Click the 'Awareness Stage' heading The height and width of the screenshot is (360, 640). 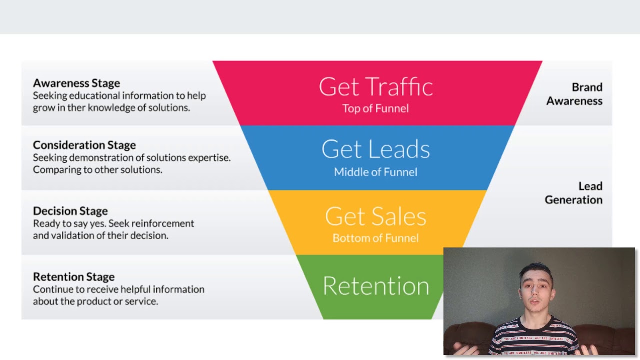point(76,83)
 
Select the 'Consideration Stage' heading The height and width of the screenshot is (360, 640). point(84,145)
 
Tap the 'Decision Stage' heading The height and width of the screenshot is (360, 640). point(70,211)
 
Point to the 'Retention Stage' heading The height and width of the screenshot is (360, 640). point(74,276)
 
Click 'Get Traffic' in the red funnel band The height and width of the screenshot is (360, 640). point(376,87)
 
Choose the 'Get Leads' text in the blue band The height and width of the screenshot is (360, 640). point(376,149)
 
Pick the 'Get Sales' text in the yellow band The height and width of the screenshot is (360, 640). point(376,216)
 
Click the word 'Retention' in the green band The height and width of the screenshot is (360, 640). point(376,286)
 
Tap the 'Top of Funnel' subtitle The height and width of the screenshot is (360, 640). point(375,108)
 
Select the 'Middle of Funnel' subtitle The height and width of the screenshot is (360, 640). point(375,172)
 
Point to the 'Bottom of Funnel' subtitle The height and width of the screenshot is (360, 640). point(375,238)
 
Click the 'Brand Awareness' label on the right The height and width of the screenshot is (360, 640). point(575,94)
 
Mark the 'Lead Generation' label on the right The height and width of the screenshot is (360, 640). point(574,193)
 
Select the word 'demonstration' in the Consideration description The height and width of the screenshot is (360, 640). point(98,157)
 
